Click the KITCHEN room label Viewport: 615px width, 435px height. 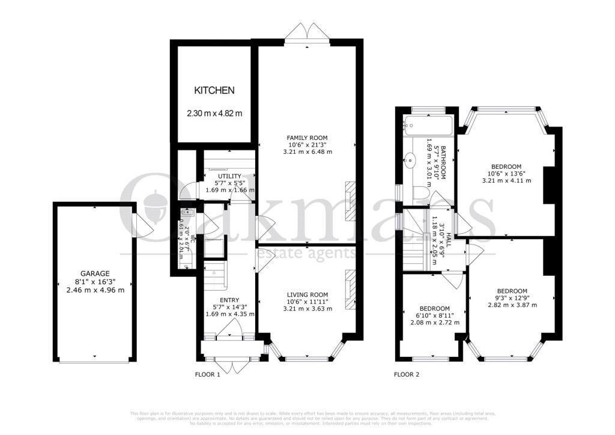[x=213, y=91]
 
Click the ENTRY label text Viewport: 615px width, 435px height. [x=229, y=300]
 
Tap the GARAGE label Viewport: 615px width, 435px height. [x=95, y=273]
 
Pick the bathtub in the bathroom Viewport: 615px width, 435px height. [x=427, y=125]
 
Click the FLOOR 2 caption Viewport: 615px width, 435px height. [x=407, y=375]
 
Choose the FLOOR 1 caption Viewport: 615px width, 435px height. [x=208, y=375]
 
